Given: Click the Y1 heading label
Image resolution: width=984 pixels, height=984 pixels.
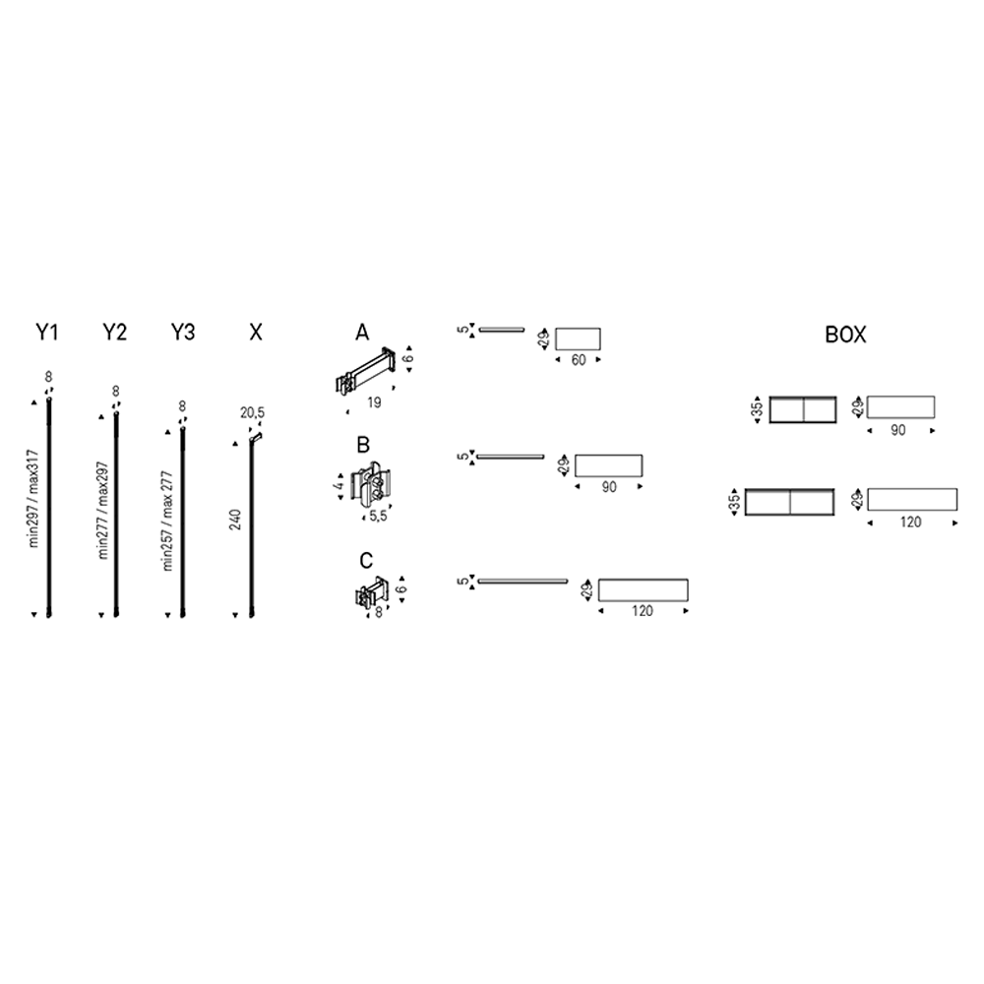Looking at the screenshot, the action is click(x=47, y=332).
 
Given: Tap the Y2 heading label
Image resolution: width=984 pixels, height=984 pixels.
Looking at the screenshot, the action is click(x=115, y=332).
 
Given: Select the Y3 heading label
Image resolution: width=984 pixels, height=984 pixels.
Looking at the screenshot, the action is click(x=183, y=332).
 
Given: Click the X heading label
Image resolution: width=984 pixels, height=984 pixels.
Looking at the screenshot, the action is click(x=256, y=332).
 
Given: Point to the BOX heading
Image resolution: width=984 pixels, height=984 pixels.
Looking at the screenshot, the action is click(x=845, y=336).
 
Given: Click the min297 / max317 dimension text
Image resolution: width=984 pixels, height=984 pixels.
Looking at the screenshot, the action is click(x=33, y=498).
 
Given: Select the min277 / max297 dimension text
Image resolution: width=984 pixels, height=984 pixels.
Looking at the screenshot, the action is click(x=103, y=510).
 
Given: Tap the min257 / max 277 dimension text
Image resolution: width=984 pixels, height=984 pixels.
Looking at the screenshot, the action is click(x=167, y=521).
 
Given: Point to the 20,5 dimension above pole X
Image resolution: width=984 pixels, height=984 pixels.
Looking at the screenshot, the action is click(x=252, y=413).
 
